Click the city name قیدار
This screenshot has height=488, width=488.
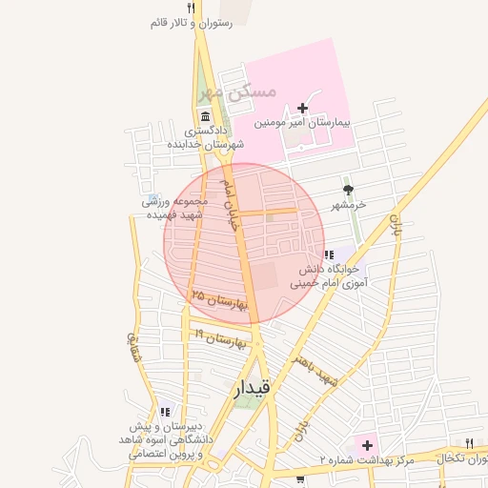tap(252, 388)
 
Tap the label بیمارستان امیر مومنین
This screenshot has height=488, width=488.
tap(303, 124)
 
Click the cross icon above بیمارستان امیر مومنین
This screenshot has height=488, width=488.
tap(303, 107)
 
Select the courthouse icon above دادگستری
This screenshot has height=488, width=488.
tap(206, 114)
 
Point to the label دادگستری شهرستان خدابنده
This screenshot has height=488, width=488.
tap(206, 137)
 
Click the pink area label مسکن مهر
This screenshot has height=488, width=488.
tap(241, 91)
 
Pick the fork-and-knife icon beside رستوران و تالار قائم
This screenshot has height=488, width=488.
tap(192, 9)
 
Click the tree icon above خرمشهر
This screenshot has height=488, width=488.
tap(348, 190)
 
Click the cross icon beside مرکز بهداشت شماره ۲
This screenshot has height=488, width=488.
tap(366, 445)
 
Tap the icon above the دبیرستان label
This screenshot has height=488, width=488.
tap(165, 413)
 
